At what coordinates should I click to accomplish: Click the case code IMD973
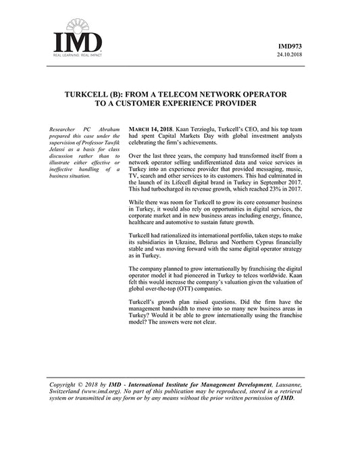click(291, 46)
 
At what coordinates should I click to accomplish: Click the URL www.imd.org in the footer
click(102, 392)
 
